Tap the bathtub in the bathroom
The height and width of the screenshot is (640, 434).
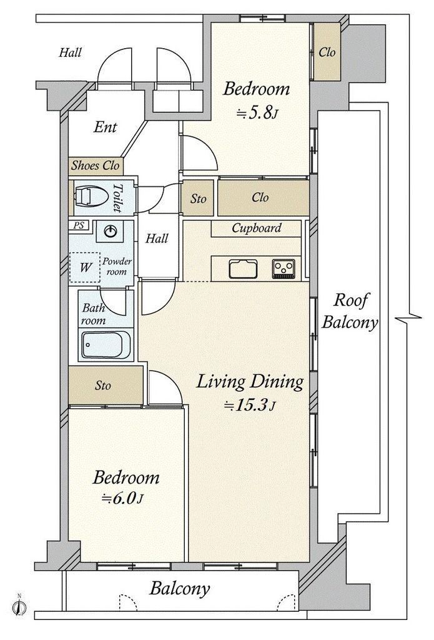[x=106, y=344]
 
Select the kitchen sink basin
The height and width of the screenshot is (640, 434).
[x=243, y=269]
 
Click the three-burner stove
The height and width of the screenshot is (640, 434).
[x=284, y=269]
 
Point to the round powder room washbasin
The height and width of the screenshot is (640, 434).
[x=110, y=231]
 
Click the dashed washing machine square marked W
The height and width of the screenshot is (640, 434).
[x=85, y=267]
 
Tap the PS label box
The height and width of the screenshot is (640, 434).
[x=79, y=225]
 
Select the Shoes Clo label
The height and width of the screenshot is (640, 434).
[x=96, y=165]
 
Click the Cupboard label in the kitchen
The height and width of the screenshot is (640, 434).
[x=257, y=227]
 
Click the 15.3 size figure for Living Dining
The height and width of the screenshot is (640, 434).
[x=249, y=405]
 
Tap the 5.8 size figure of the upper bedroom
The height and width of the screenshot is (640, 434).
[x=257, y=113]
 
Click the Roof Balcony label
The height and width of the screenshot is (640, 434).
[x=350, y=311]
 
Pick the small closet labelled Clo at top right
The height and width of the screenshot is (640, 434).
[x=327, y=51]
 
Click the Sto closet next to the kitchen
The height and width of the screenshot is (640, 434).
[x=198, y=198]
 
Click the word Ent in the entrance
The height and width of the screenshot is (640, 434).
[x=106, y=127]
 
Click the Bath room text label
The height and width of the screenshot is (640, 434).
[x=94, y=314]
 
